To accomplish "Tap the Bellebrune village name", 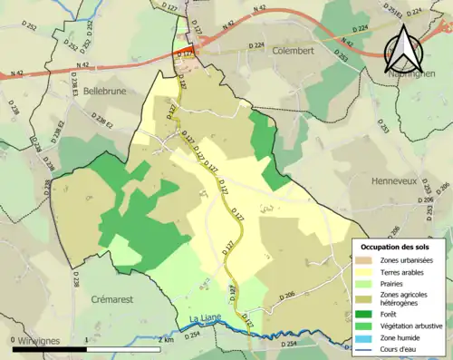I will (x=109, y=92).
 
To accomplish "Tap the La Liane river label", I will (x=207, y=316).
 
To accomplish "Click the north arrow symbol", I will (x=406, y=49).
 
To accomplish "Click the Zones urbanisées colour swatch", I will (x=364, y=260).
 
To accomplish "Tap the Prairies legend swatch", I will (x=364, y=282).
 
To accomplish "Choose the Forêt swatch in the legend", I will (x=364, y=315).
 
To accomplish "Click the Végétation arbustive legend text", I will (x=411, y=326).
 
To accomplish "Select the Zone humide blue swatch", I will (x=364, y=337).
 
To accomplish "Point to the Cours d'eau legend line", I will (x=364, y=348).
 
